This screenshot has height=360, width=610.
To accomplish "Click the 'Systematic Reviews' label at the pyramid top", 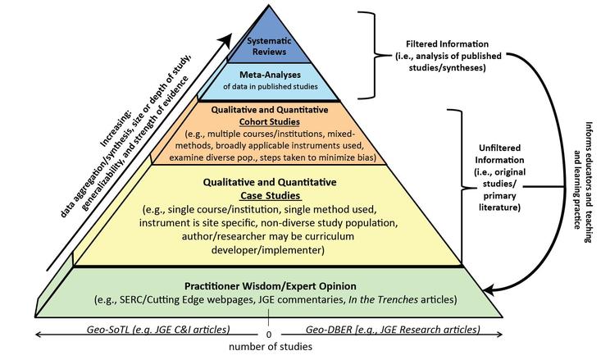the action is coord(269,46).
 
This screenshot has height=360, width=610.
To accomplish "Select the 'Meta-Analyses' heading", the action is coord(270,75).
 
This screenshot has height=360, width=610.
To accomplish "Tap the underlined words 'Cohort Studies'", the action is coord(270,122).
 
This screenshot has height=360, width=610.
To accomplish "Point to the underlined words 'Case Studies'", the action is coord(271,195).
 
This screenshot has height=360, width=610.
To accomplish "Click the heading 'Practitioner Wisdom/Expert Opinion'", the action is coord(271,286).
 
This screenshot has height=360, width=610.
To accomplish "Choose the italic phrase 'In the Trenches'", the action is coord(383,299).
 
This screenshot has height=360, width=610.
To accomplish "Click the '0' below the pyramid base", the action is coord(269,335).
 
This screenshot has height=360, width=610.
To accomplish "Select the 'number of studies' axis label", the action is coord(271,346).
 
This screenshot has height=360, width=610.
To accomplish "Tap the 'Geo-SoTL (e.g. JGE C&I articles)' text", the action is coord(158,330).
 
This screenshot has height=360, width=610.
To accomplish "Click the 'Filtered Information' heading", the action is coord(447,44).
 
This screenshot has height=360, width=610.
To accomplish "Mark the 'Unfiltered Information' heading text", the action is coord(499,153).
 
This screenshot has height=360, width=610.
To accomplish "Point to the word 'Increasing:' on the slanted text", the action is coord(115,130).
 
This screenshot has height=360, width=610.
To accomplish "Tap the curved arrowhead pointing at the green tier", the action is coord(489,289).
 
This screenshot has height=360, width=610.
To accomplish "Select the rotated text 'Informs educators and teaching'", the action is coord(589,182).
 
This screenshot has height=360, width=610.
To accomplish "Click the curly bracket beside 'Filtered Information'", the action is coord(371,55).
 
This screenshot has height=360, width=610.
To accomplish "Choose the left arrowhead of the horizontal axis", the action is coord(39,335).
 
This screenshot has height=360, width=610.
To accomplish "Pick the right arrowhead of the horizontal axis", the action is coord(499,335).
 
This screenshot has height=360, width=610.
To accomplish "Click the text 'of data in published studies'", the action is coord(271,86).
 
